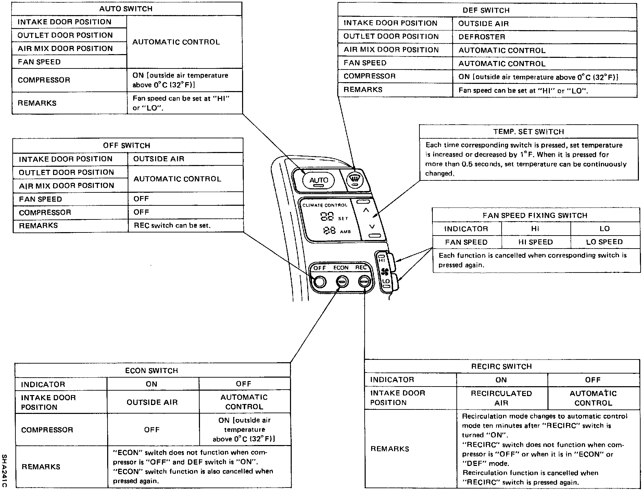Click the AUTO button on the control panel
(318, 180)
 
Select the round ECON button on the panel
(341, 282)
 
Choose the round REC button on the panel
(364, 282)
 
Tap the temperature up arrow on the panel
(366, 211)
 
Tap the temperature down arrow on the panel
(372, 226)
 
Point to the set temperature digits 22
(327, 217)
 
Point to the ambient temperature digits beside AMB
(329, 231)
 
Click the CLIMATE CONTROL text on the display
(325, 205)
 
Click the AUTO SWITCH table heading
(126, 9)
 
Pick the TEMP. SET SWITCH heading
(529, 132)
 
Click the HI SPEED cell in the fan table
(535, 242)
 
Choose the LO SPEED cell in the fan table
(604, 242)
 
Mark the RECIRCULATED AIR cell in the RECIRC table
(501, 398)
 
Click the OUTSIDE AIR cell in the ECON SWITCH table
(152, 402)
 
